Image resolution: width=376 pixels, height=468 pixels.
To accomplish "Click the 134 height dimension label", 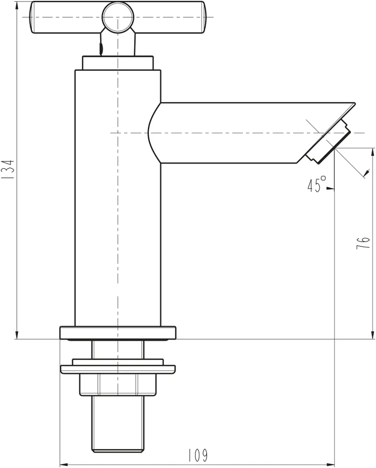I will (x=8, y=169).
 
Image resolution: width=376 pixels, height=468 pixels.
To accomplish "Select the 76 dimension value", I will (x=362, y=243).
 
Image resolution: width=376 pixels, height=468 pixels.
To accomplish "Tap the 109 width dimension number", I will (x=198, y=455).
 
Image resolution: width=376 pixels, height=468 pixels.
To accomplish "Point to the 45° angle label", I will (x=316, y=185).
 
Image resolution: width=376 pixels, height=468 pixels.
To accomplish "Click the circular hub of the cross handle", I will (x=118, y=18).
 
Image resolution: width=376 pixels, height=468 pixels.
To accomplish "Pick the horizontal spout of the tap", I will (x=238, y=133).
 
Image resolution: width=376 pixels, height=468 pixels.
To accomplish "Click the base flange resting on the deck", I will (x=118, y=332).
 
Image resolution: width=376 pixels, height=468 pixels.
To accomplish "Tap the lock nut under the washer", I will (x=118, y=384).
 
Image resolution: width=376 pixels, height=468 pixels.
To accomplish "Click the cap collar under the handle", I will (x=118, y=62).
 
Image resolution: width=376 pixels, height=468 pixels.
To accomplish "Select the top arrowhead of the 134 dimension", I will (x=17, y=5).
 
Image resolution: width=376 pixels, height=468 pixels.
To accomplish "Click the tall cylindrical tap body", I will (x=118, y=206).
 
